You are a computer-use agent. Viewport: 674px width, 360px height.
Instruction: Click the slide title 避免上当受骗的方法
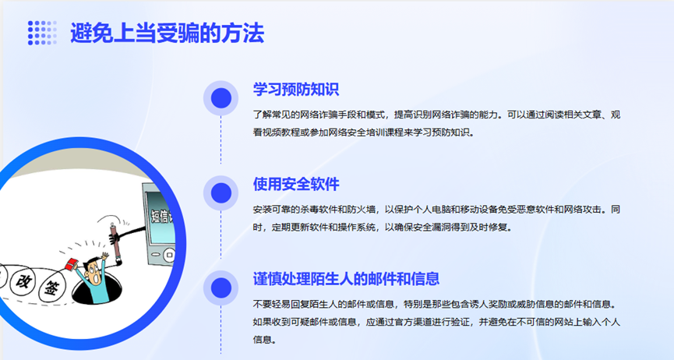point(168,34)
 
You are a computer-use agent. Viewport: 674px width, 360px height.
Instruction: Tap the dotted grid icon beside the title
point(42,33)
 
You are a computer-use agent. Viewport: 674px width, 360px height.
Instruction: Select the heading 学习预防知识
point(296,90)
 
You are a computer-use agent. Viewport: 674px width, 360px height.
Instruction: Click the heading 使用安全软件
point(296,184)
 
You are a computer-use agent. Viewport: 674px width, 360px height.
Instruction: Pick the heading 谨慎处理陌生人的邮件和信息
point(346,279)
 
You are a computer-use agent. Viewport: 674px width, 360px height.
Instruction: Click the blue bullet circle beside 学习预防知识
point(221,98)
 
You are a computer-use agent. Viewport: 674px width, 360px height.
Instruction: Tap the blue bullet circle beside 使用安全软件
point(221,192)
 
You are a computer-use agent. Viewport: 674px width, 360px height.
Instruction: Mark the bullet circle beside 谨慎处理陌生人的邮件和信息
point(221,288)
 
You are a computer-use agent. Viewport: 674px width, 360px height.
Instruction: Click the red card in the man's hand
point(71,263)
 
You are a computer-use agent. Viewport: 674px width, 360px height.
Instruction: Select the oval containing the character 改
point(23,281)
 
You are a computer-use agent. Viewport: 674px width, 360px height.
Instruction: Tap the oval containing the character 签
point(51,288)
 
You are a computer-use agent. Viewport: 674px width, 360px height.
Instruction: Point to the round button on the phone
point(170,255)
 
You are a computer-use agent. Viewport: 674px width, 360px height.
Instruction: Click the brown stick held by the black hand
point(115,242)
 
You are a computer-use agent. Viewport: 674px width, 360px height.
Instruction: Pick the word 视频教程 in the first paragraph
point(281,132)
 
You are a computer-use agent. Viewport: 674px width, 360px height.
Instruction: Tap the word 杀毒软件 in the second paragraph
point(319,210)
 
